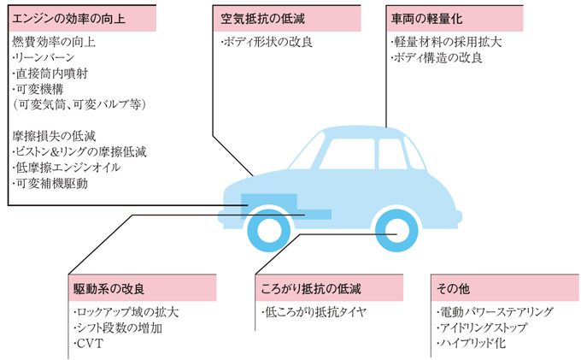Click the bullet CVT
click(x=87, y=344)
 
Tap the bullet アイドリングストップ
click(x=483, y=328)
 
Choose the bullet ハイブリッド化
click(x=472, y=344)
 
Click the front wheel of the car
click(x=267, y=230)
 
